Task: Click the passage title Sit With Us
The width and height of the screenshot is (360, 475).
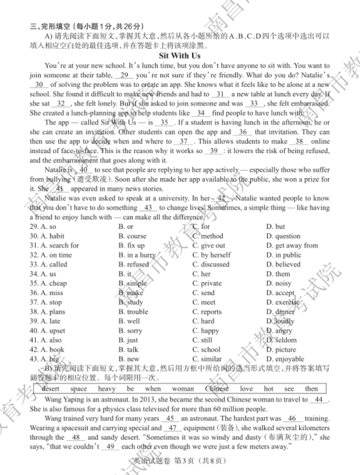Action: (179, 56)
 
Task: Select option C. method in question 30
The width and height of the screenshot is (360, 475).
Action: (208, 236)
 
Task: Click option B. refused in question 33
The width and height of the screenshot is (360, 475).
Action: (134, 265)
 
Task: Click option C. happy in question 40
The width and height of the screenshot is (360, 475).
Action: (206, 331)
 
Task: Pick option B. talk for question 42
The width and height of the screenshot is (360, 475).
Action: (128, 350)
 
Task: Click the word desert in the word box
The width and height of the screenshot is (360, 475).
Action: (51, 389)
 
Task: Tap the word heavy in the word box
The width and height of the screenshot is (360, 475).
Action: (107, 389)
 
